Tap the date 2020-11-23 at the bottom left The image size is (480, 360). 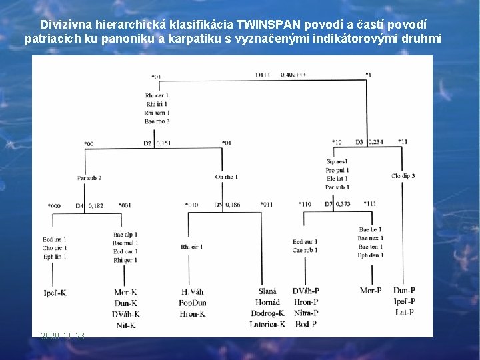click(x=62, y=336)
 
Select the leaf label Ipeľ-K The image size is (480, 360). click(x=55, y=292)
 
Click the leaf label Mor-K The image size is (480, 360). click(x=125, y=292)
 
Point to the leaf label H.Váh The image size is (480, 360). click(x=193, y=292)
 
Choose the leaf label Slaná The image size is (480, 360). click(x=267, y=291)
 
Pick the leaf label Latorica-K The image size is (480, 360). click(x=267, y=324)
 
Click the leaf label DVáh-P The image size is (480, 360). click(x=305, y=291)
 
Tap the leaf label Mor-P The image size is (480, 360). click(x=371, y=291)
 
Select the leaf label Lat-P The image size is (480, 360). click(x=405, y=312)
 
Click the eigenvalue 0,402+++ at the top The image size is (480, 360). click(x=294, y=75)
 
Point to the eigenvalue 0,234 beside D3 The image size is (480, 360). click(x=375, y=141)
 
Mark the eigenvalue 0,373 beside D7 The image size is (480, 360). click(x=343, y=204)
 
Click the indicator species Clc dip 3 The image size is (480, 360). click(x=403, y=176)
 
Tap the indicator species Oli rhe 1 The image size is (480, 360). click(x=227, y=177)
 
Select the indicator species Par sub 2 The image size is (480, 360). click(x=89, y=178)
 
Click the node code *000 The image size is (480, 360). click(x=54, y=206)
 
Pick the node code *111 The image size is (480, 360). click(x=369, y=204)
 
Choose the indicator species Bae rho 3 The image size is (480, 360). click(x=157, y=121)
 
